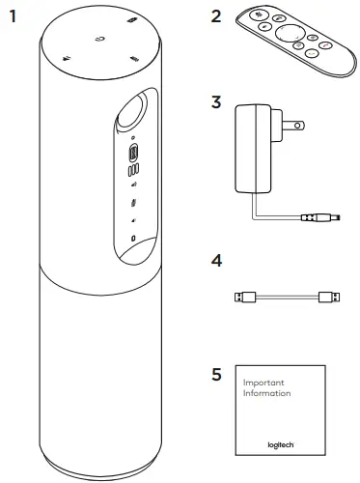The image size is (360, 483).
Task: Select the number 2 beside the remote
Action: click(x=216, y=16)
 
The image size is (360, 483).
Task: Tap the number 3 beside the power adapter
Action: click(x=216, y=101)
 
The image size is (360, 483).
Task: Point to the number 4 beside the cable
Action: click(x=216, y=262)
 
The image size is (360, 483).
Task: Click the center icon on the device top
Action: click(x=100, y=40)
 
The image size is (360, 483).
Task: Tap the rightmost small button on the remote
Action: click(x=325, y=44)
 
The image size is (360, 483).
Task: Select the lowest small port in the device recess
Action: click(x=132, y=237)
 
